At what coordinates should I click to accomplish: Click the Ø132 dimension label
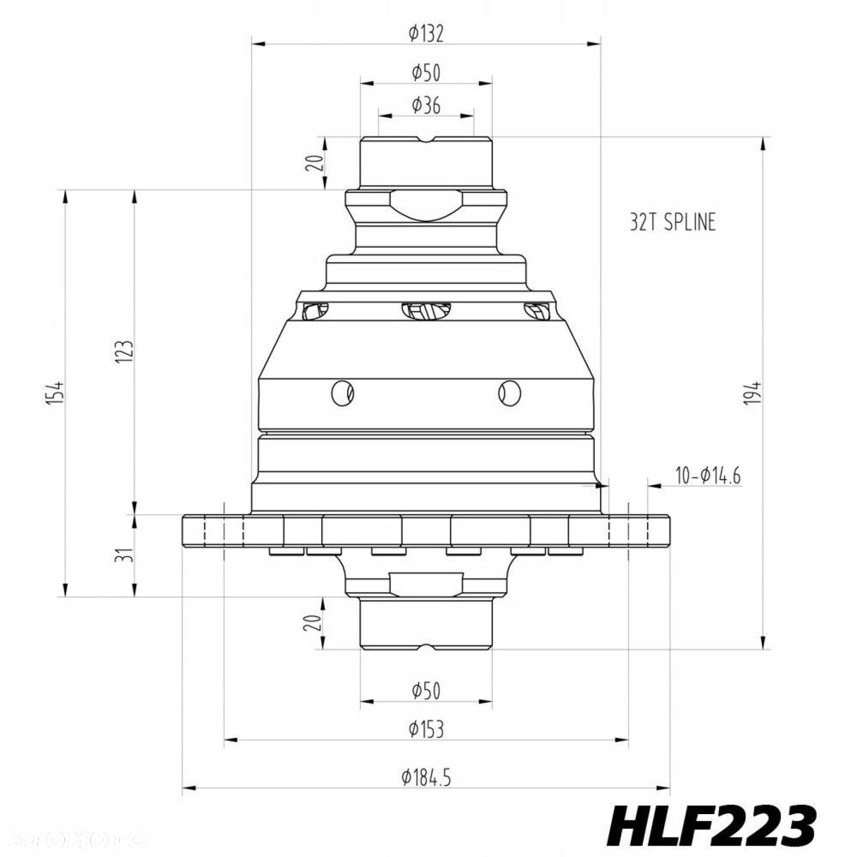(426, 33)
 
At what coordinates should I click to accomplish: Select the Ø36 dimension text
(426, 105)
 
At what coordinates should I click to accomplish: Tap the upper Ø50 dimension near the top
(426, 72)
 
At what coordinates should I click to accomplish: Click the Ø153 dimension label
(426, 729)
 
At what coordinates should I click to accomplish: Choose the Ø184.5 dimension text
(426, 777)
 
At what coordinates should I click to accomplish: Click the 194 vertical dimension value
(752, 393)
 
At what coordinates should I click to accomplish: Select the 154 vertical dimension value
(56, 392)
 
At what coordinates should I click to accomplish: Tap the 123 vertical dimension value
(124, 351)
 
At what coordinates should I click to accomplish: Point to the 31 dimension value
(124, 554)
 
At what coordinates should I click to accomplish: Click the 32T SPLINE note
(672, 223)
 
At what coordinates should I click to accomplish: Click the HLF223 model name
(710, 825)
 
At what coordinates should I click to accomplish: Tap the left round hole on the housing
(342, 392)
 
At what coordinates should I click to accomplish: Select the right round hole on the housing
(509, 392)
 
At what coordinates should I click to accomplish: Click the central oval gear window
(426, 311)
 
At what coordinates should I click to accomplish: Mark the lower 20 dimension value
(318, 623)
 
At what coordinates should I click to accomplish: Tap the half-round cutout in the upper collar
(426, 206)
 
